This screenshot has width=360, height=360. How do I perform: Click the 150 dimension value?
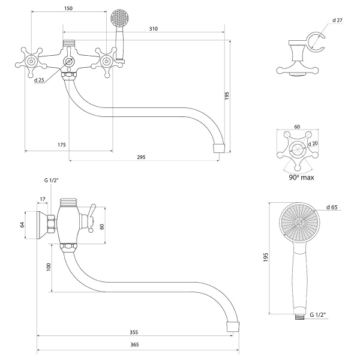point(68,8)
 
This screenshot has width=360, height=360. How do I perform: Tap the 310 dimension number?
point(154,29)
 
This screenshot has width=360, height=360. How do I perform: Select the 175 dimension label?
point(62,145)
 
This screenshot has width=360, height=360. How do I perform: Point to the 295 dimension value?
point(141,157)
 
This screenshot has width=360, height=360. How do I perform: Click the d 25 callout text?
point(39,80)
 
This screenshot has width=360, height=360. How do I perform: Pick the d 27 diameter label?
point(337,20)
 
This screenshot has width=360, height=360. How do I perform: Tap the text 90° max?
point(301,178)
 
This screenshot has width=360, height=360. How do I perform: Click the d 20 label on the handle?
point(313,143)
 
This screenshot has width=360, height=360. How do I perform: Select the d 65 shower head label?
point(332,207)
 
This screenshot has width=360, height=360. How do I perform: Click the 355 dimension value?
point(134,332)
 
